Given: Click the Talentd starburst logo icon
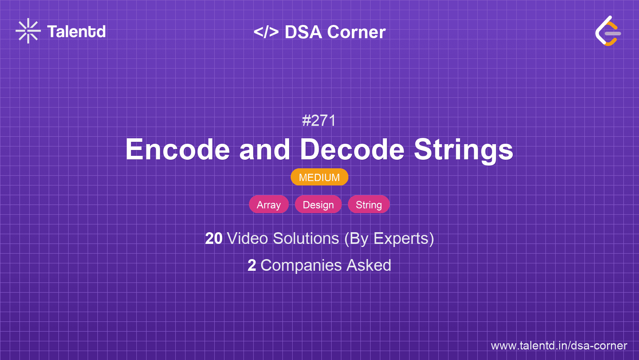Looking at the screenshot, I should [28, 31].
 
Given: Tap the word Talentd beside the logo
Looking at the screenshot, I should [76, 32].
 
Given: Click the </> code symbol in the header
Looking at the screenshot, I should [266, 32].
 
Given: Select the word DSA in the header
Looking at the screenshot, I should [303, 32].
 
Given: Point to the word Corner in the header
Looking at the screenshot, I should [357, 32].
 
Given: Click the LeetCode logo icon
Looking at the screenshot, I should [608, 31].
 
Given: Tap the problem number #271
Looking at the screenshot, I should [319, 121].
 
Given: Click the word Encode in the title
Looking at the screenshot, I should [178, 150].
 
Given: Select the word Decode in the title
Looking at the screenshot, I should [352, 150].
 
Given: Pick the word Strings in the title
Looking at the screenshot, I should [463, 150].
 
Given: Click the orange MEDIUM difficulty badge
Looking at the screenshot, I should [319, 177].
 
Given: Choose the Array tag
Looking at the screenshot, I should [269, 205].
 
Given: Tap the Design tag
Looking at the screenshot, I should [318, 205].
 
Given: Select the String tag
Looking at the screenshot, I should [369, 205].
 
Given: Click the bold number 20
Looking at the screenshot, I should [214, 238].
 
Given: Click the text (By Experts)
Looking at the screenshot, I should [389, 238].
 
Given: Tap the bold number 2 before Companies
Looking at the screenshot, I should [252, 266].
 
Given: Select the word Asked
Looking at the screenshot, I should [369, 266].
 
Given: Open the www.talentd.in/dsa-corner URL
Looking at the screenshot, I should [559, 346].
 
